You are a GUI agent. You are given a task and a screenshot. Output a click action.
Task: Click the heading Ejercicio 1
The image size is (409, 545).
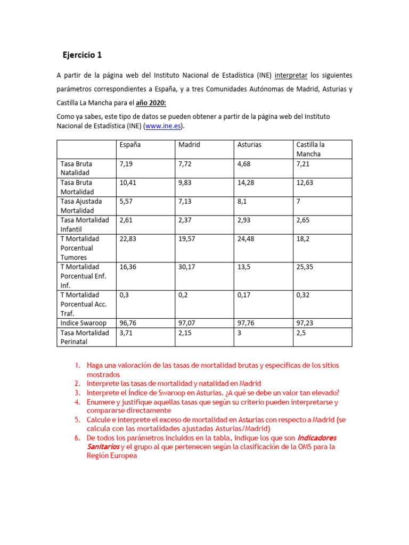pyautogui.click(x=81, y=55)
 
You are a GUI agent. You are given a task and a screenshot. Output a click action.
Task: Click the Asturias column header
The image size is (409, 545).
pyautogui.click(x=249, y=145)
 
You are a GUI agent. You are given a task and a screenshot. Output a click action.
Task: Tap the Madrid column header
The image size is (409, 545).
pyautogui.click(x=189, y=145)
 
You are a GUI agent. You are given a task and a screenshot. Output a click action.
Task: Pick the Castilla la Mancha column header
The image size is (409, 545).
pyautogui.click(x=310, y=149)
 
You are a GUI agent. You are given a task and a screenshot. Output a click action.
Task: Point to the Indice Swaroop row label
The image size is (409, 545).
pyautogui.click(x=84, y=323)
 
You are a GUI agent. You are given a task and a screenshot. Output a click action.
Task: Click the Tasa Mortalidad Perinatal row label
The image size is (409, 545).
pyautogui.click(x=85, y=337)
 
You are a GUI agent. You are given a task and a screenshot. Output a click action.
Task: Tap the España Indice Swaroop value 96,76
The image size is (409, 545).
pyautogui.click(x=128, y=323)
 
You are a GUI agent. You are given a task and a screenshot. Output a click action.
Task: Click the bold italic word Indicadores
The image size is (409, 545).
pyautogui.click(x=317, y=437)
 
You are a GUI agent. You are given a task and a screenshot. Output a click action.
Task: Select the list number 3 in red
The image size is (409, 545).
pyautogui.click(x=77, y=393)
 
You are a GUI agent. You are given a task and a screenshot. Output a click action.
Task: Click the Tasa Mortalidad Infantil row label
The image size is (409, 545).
pyautogui.click(x=85, y=225)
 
